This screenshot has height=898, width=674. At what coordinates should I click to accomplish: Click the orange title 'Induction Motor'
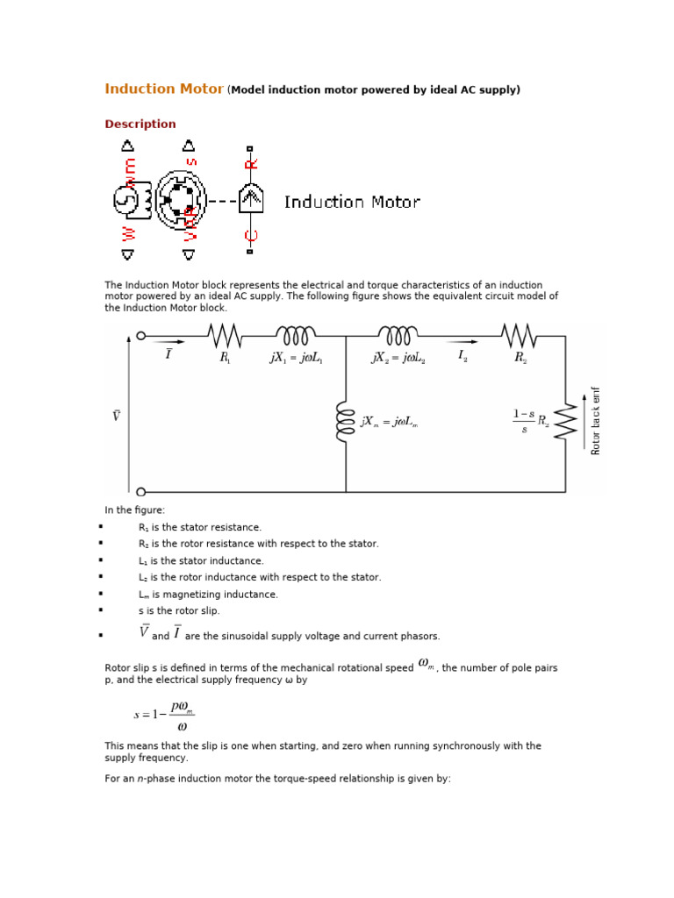(x=164, y=89)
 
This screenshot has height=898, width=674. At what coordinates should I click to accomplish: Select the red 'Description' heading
(x=140, y=125)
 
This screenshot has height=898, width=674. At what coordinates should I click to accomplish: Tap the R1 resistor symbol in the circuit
(x=225, y=335)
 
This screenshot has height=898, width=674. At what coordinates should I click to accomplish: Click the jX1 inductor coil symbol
(x=296, y=335)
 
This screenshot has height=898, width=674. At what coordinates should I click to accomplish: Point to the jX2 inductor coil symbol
(x=398, y=335)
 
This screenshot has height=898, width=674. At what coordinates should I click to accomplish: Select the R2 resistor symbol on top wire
(x=519, y=335)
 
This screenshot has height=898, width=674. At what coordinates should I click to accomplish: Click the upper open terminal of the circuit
(x=140, y=335)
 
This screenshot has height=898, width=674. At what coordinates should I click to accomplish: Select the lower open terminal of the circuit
(x=140, y=492)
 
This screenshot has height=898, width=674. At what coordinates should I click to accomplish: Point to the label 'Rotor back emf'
(x=597, y=421)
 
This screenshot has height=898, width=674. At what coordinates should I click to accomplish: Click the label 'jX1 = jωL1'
(x=297, y=358)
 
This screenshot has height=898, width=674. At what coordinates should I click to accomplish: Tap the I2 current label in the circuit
(x=462, y=356)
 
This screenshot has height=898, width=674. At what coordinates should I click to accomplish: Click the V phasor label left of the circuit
(x=116, y=416)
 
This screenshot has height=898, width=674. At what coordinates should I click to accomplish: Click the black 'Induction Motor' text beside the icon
(x=352, y=203)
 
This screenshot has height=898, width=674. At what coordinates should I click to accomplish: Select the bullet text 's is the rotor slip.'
(x=179, y=611)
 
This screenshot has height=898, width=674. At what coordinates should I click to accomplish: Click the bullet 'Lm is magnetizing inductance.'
(x=208, y=595)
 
